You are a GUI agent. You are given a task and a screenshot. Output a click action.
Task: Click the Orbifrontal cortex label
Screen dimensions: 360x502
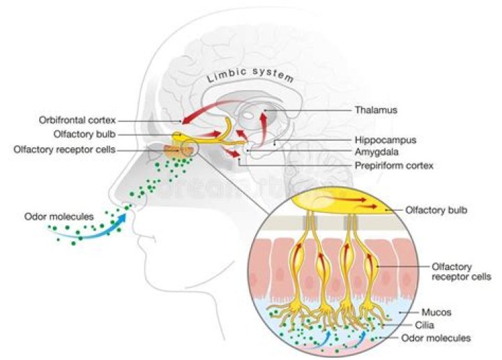(77, 120)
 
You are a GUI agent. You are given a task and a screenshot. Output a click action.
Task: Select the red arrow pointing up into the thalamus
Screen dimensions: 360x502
(263, 125)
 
